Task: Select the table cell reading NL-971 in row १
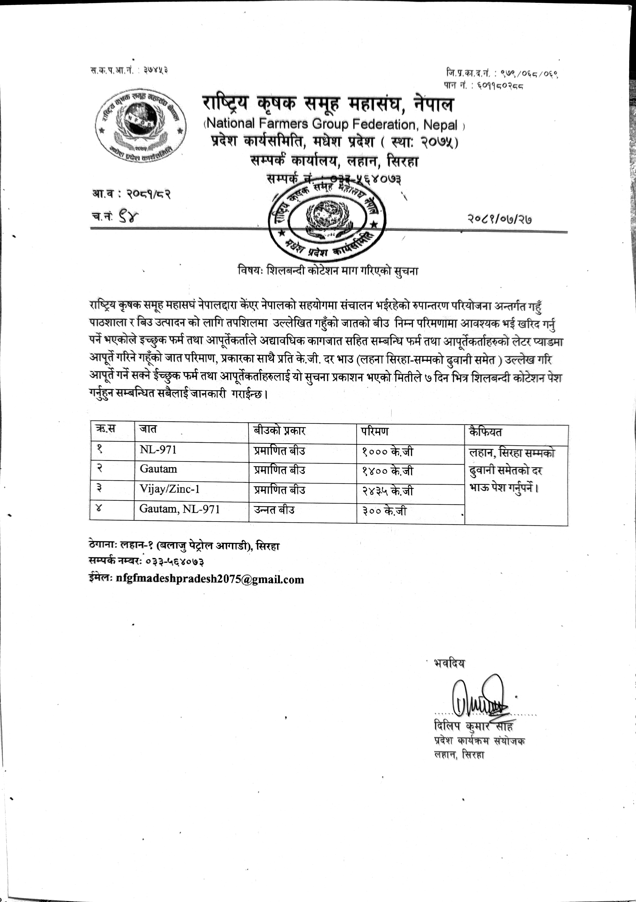158,449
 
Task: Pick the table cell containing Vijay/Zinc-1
170,489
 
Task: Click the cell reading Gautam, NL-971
179,509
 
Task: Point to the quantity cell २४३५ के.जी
387,491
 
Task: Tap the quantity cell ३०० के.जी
384,511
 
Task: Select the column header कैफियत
485,432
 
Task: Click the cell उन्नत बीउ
274,510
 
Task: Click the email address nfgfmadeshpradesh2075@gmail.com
210,579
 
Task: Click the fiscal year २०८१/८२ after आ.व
148,194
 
